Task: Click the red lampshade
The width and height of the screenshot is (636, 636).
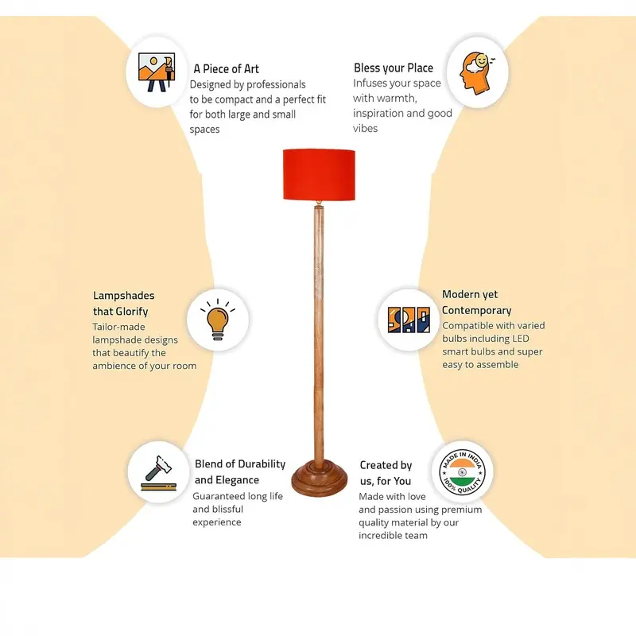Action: [x=319, y=174]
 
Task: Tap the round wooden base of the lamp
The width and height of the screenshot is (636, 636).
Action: [x=320, y=478]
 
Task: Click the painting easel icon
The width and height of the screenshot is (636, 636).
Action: [x=157, y=72]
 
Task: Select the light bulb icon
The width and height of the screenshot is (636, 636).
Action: [x=218, y=320]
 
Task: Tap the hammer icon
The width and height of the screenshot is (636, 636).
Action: [x=158, y=473]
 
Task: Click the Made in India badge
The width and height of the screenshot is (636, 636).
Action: [x=462, y=472]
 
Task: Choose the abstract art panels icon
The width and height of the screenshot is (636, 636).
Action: [x=409, y=320]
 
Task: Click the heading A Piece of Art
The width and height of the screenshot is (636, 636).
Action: [x=226, y=69]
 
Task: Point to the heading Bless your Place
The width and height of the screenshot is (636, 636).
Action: [x=394, y=68]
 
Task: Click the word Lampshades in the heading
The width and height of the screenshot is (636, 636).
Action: [x=124, y=295]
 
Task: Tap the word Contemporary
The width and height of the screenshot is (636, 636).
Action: [x=476, y=310]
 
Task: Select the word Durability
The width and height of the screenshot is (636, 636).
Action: [x=260, y=464]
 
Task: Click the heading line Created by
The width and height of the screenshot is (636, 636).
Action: [x=386, y=465]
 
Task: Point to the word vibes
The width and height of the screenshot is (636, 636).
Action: [x=365, y=128]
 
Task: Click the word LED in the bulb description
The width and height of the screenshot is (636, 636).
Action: [x=520, y=339]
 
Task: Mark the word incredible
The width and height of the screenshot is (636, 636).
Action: [x=375, y=535]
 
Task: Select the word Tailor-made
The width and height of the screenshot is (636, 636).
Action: [x=118, y=327]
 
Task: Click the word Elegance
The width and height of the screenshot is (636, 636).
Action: [x=237, y=480]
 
